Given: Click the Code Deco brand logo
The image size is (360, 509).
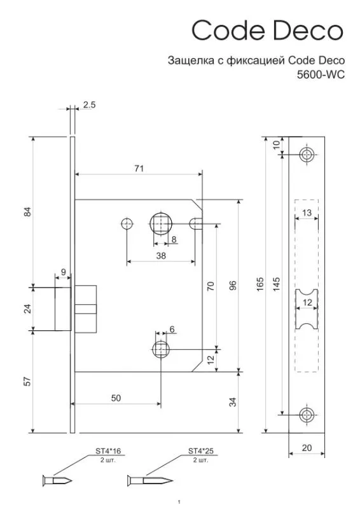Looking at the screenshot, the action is [x=267, y=30].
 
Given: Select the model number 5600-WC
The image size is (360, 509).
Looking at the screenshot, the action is [x=321, y=75].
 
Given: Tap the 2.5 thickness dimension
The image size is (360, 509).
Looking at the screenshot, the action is [x=89, y=105].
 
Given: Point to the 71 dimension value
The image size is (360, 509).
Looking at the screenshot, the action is [x=139, y=169].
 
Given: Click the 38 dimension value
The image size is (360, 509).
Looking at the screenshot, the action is [x=161, y=256].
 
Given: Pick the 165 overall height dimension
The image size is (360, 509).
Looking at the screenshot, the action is [x=260, y=284].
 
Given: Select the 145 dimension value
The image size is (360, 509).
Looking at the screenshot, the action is [x=276, y=284].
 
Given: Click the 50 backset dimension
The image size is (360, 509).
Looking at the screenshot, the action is [x=116, y=398].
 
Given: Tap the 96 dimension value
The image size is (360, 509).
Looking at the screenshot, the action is [x=233, y=285].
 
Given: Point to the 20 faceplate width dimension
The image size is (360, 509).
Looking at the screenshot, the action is [x=307, y=448].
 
